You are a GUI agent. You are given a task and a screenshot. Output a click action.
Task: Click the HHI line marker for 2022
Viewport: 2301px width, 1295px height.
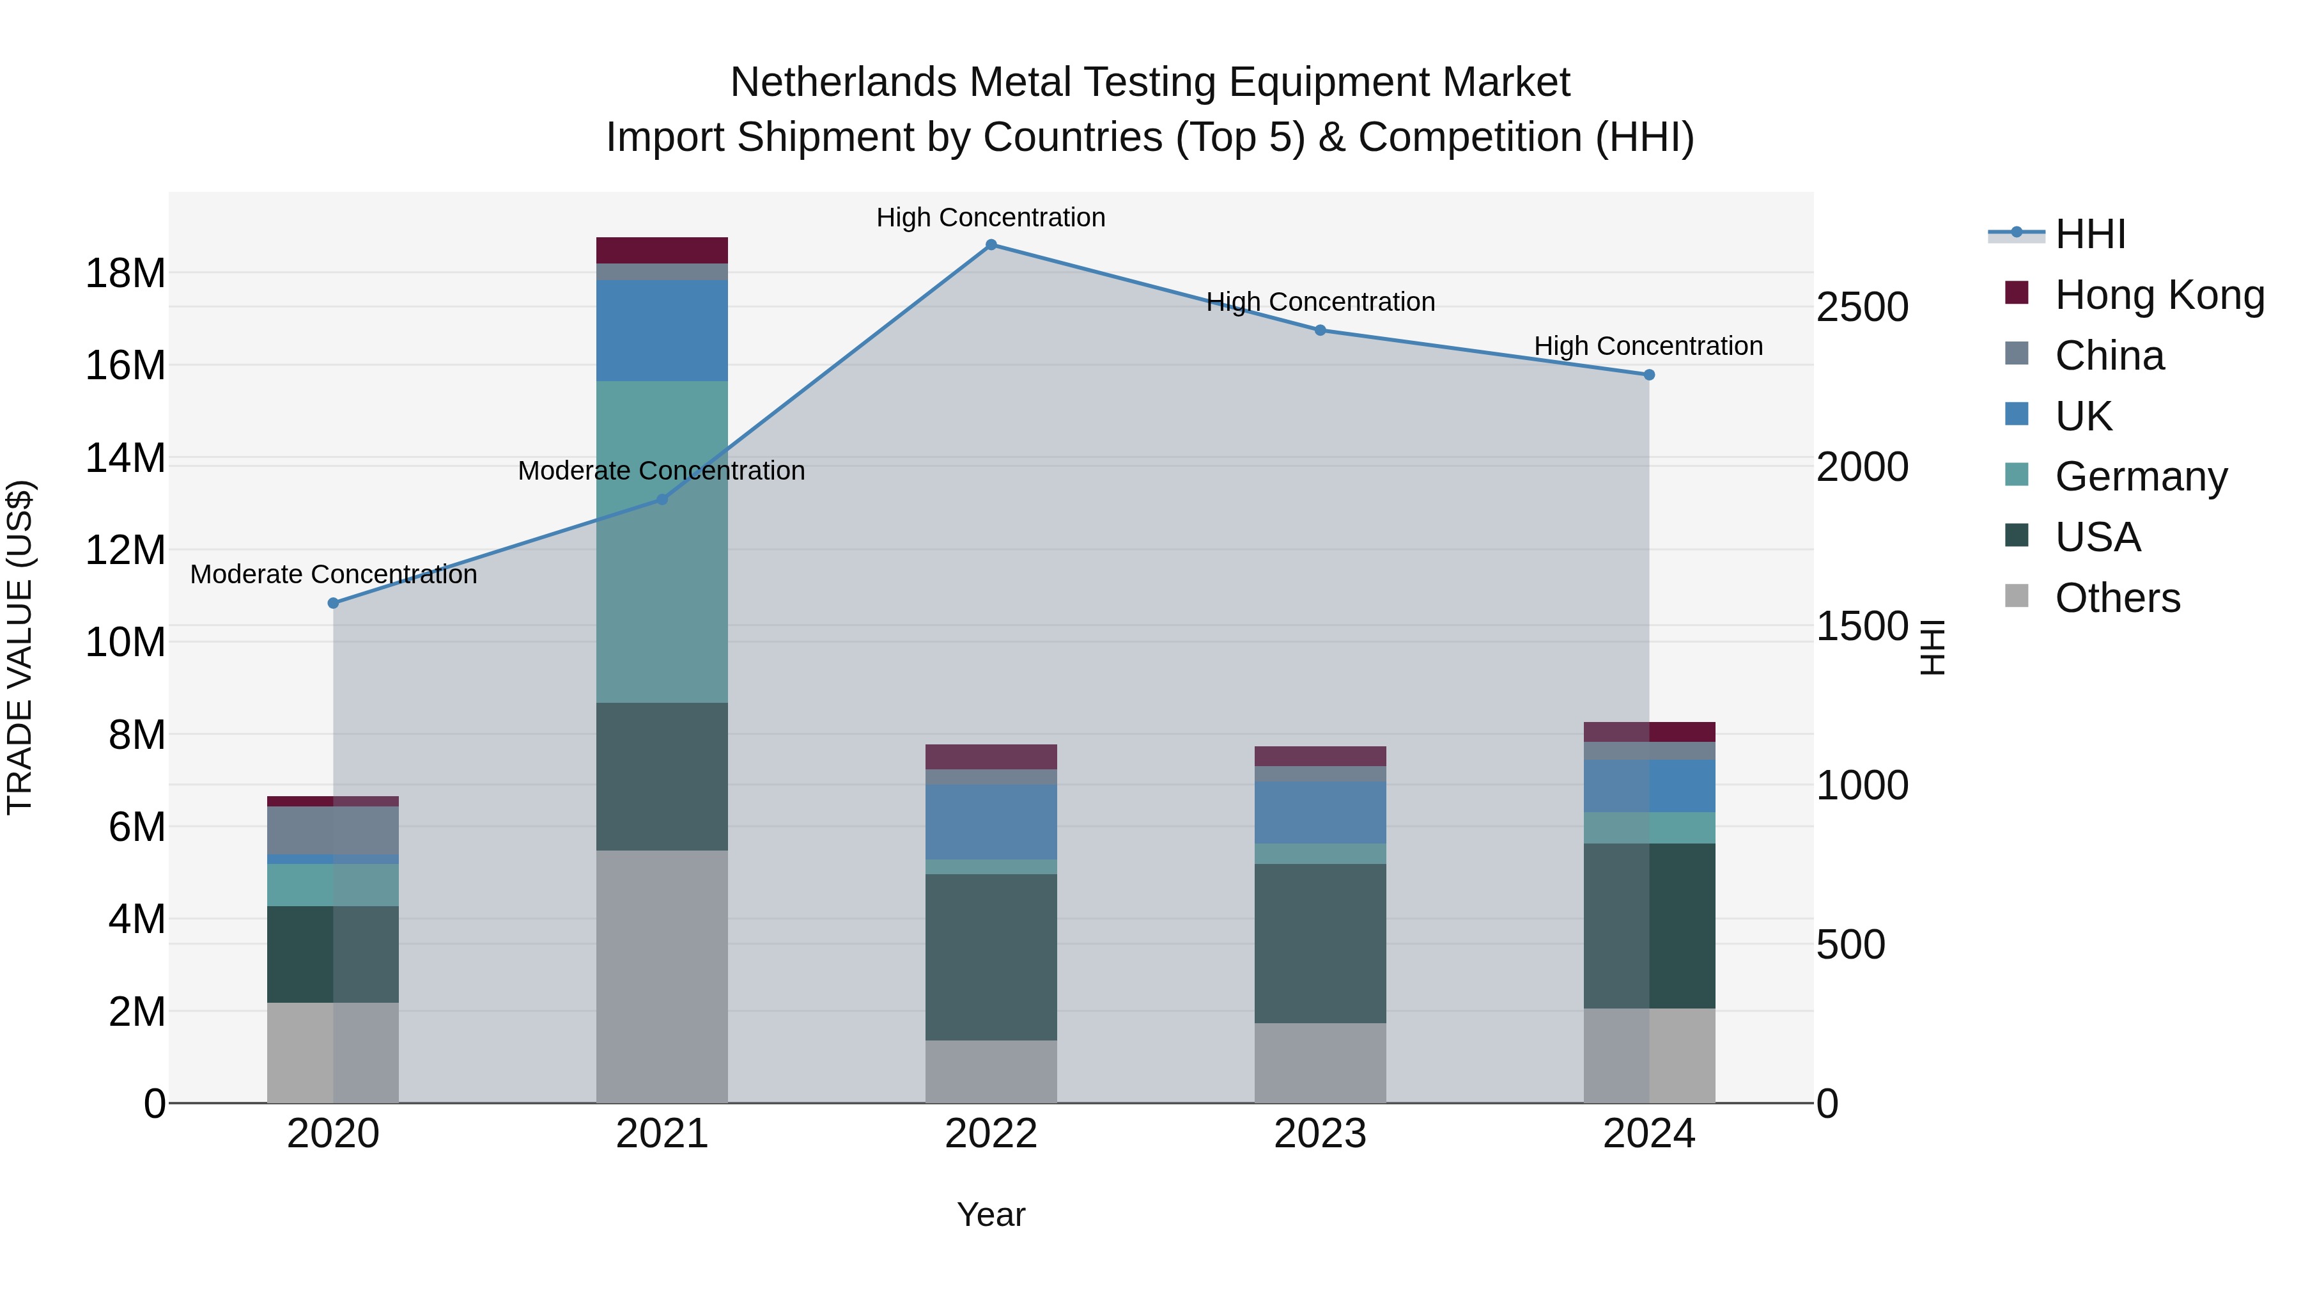coord(991,245)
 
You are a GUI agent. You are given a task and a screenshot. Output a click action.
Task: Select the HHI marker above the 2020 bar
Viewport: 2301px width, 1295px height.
coord(333,603)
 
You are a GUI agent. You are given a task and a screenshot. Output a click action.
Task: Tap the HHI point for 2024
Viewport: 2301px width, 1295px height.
coord(1649,375)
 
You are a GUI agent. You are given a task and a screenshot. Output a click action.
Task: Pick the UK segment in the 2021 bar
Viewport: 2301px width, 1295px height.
coord(662,331)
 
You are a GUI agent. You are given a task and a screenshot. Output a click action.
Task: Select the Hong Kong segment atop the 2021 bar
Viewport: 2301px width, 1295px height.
coord(662,250)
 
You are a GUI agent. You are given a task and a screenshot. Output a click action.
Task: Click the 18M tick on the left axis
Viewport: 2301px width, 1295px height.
coord(125,274)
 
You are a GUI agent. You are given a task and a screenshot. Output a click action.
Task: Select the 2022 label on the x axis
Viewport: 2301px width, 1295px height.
coord(991,1134)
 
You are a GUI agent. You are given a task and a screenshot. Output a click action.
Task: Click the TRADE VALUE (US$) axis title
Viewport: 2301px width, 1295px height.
coord(20,647)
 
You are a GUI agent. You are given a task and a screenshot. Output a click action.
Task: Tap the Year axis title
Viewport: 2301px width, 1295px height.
coord(991,1214)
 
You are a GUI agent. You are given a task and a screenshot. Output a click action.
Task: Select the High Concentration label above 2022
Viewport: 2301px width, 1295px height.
coord(991,218)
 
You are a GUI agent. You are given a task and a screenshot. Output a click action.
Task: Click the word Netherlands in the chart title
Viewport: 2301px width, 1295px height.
coord(843,83)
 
